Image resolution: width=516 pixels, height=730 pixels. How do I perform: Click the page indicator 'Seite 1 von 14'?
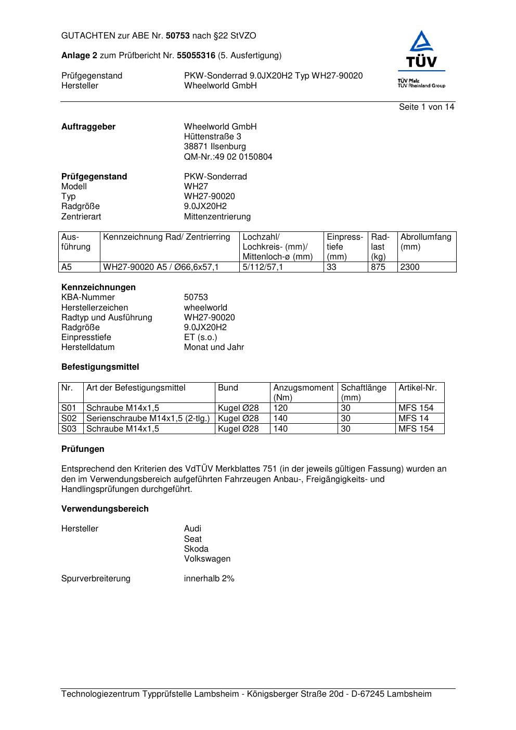click(426, 107)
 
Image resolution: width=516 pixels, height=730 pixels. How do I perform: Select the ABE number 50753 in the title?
click(178, 36)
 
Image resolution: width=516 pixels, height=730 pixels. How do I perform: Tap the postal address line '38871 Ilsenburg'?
click(215, 147)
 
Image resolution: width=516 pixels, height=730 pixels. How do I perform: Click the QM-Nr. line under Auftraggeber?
click(228, 157)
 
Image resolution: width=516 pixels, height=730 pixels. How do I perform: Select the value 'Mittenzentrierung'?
click(217, 217)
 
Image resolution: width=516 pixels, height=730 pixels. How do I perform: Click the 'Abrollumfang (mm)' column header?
click(425, 242)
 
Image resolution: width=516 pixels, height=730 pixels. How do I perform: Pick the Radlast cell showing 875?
click(378, 267)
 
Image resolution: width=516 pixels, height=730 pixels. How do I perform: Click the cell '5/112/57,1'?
click(263, 267)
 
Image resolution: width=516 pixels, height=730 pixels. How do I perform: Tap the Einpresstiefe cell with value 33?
click(332, 267)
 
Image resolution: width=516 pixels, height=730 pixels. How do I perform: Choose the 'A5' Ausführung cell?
click(67, 267)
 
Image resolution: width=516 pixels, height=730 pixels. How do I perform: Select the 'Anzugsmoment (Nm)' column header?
click(303, 393)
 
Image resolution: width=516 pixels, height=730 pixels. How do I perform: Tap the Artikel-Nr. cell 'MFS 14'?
click(414, 419)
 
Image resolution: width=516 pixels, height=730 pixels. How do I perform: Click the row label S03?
click(69, 429)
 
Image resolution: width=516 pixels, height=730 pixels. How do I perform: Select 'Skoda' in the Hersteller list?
click(196, 549)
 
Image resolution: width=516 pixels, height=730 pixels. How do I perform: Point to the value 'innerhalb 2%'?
click(209, 579)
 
